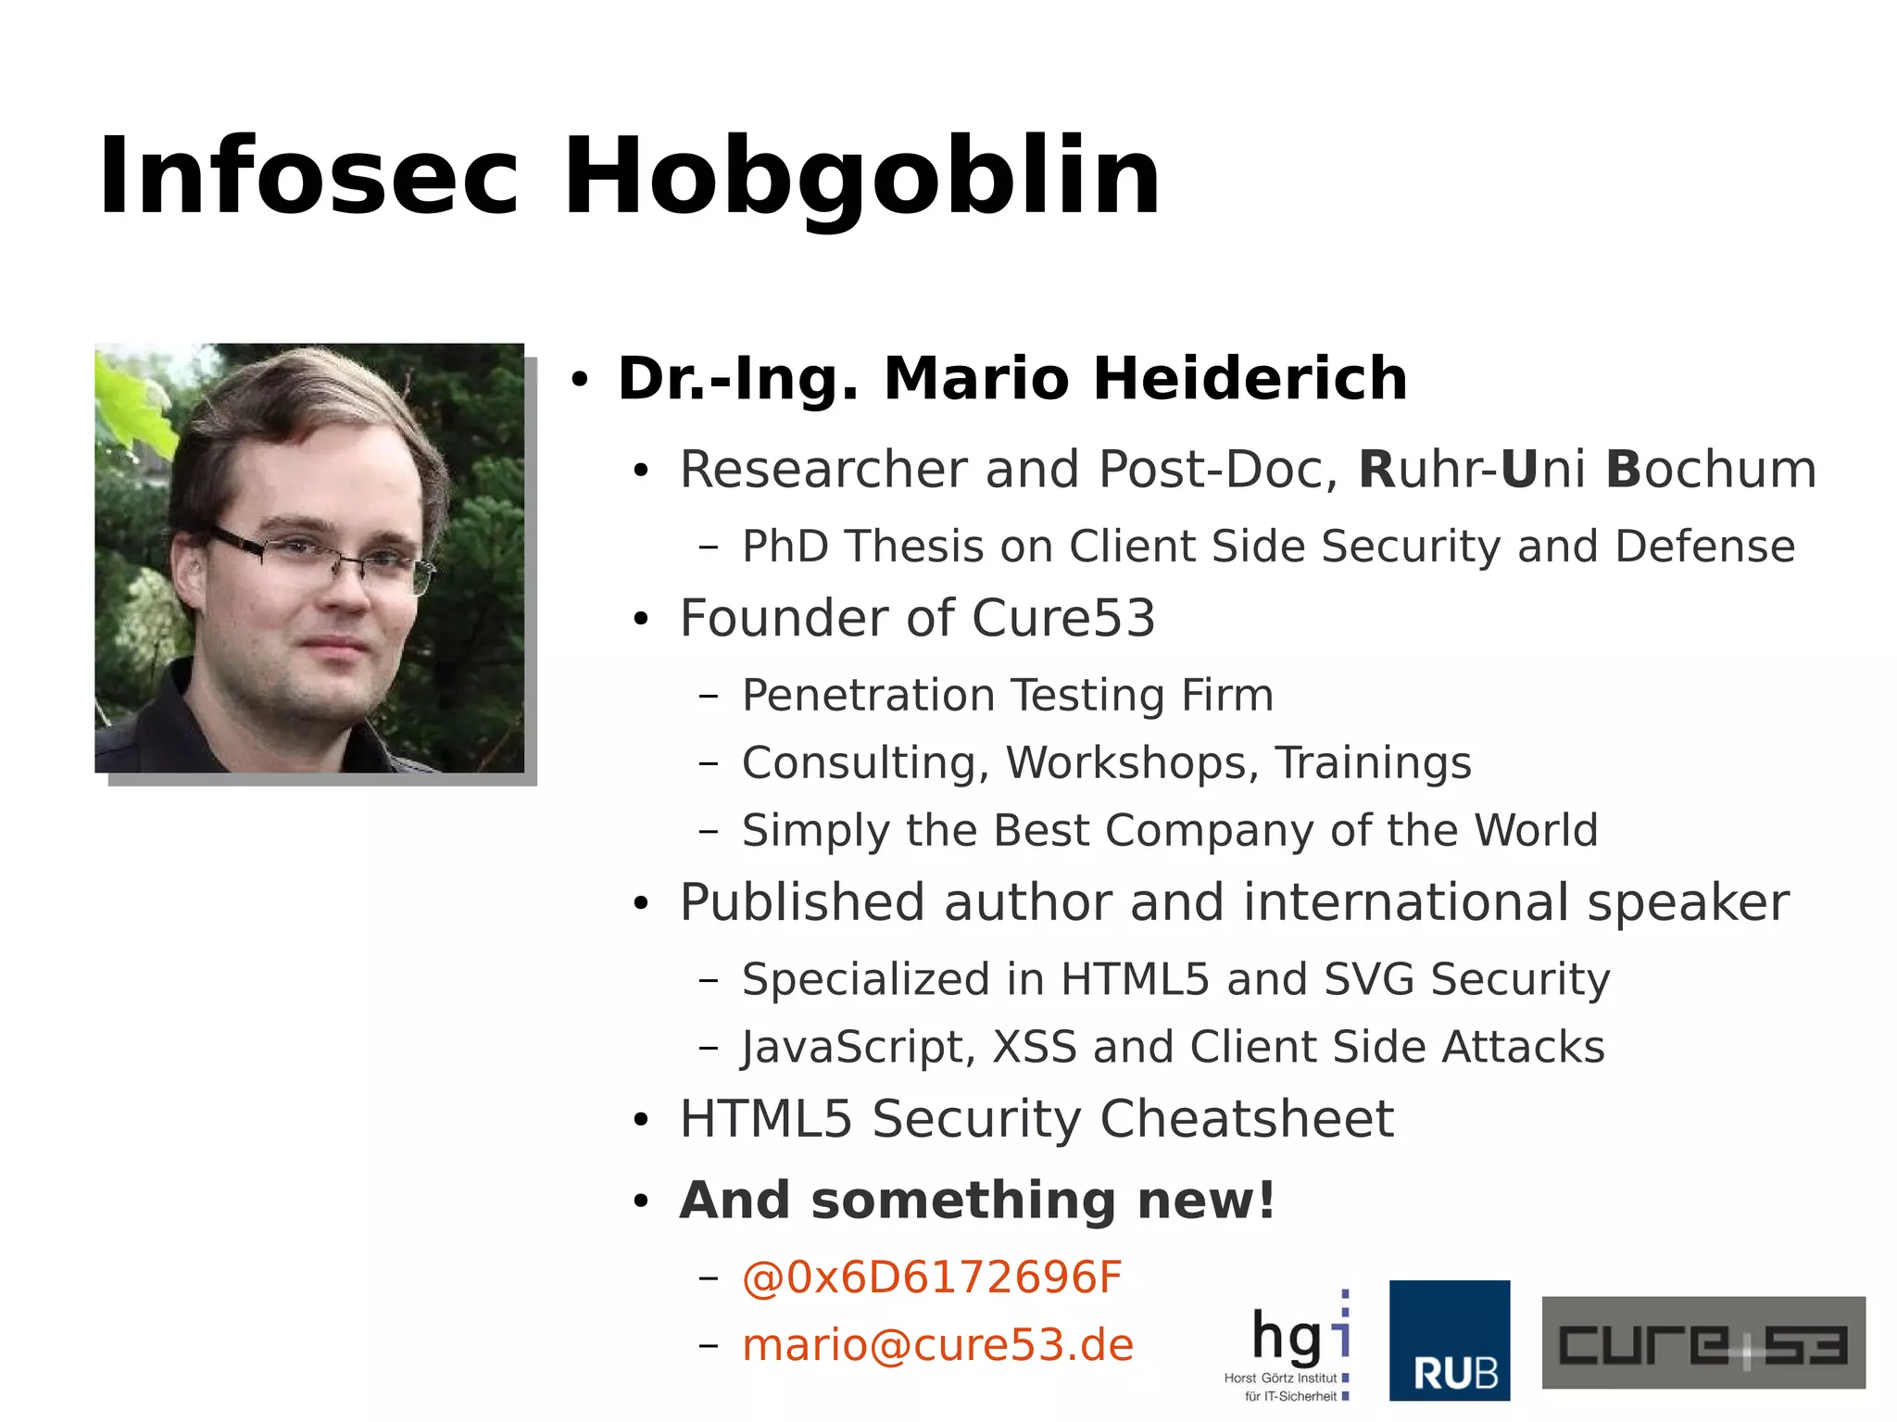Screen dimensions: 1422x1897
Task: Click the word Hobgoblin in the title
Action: pos(861,176)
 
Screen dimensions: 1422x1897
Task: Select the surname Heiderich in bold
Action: pos(1250,379)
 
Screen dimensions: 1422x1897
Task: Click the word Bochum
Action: pos(1711,469)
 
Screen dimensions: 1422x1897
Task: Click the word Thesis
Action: pos(913,546)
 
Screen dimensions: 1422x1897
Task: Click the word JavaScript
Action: pos(858,1048)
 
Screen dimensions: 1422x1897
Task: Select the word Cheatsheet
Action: pos(1246,1119)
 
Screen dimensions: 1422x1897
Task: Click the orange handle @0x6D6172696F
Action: pos(932,1277)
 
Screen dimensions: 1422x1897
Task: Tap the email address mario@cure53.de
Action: pos(937,1345)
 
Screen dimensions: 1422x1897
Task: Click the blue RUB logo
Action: pos(1449,1340)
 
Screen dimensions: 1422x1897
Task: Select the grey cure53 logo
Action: pos(1702,1342)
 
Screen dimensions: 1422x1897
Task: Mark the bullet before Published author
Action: pos(641,904)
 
